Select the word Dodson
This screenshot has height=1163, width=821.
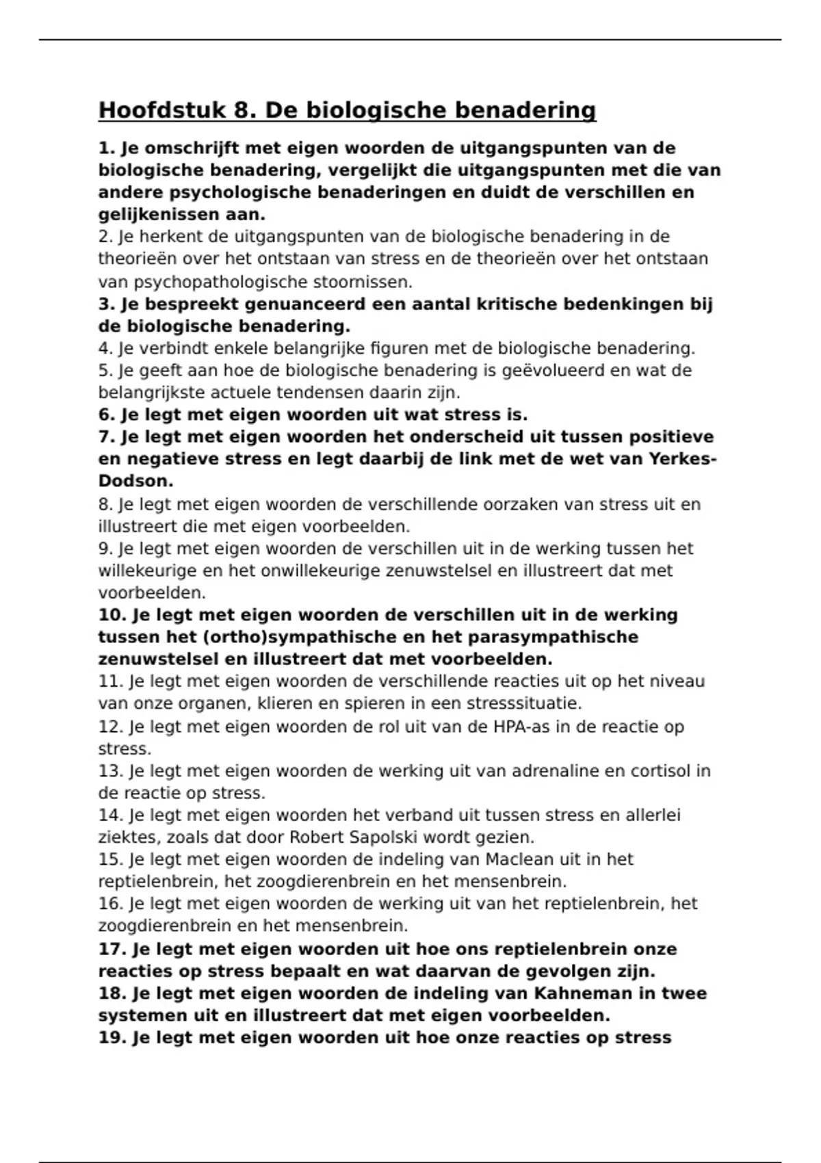pos(135,482)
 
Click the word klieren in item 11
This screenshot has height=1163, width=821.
pos(285,703)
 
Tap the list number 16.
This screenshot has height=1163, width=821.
pos(110,904)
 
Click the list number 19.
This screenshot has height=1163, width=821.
pos(111,1038)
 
